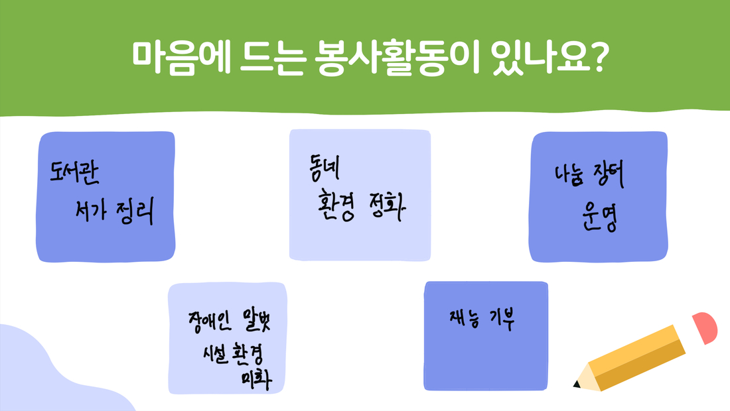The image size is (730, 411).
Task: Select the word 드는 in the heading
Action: click(272, 58)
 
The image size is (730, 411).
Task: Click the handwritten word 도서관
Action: click(74, 172)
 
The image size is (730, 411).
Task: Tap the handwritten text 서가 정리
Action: click(115, 211)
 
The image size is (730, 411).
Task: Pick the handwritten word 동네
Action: click(325, 167)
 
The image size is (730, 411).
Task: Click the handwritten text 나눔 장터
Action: click(589, 175)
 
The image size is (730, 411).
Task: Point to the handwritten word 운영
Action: click(600, 217)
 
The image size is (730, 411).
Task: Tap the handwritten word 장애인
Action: click(210, 322)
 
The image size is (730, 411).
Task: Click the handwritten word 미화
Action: click(257, 380)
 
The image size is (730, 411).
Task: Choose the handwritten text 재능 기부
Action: click(482, 320)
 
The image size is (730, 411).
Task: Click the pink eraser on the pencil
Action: click(705, 327)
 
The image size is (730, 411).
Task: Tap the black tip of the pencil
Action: click(576, 384)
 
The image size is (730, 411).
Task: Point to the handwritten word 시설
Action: click(215, 354)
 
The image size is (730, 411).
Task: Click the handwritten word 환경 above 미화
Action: click(248, 355)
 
